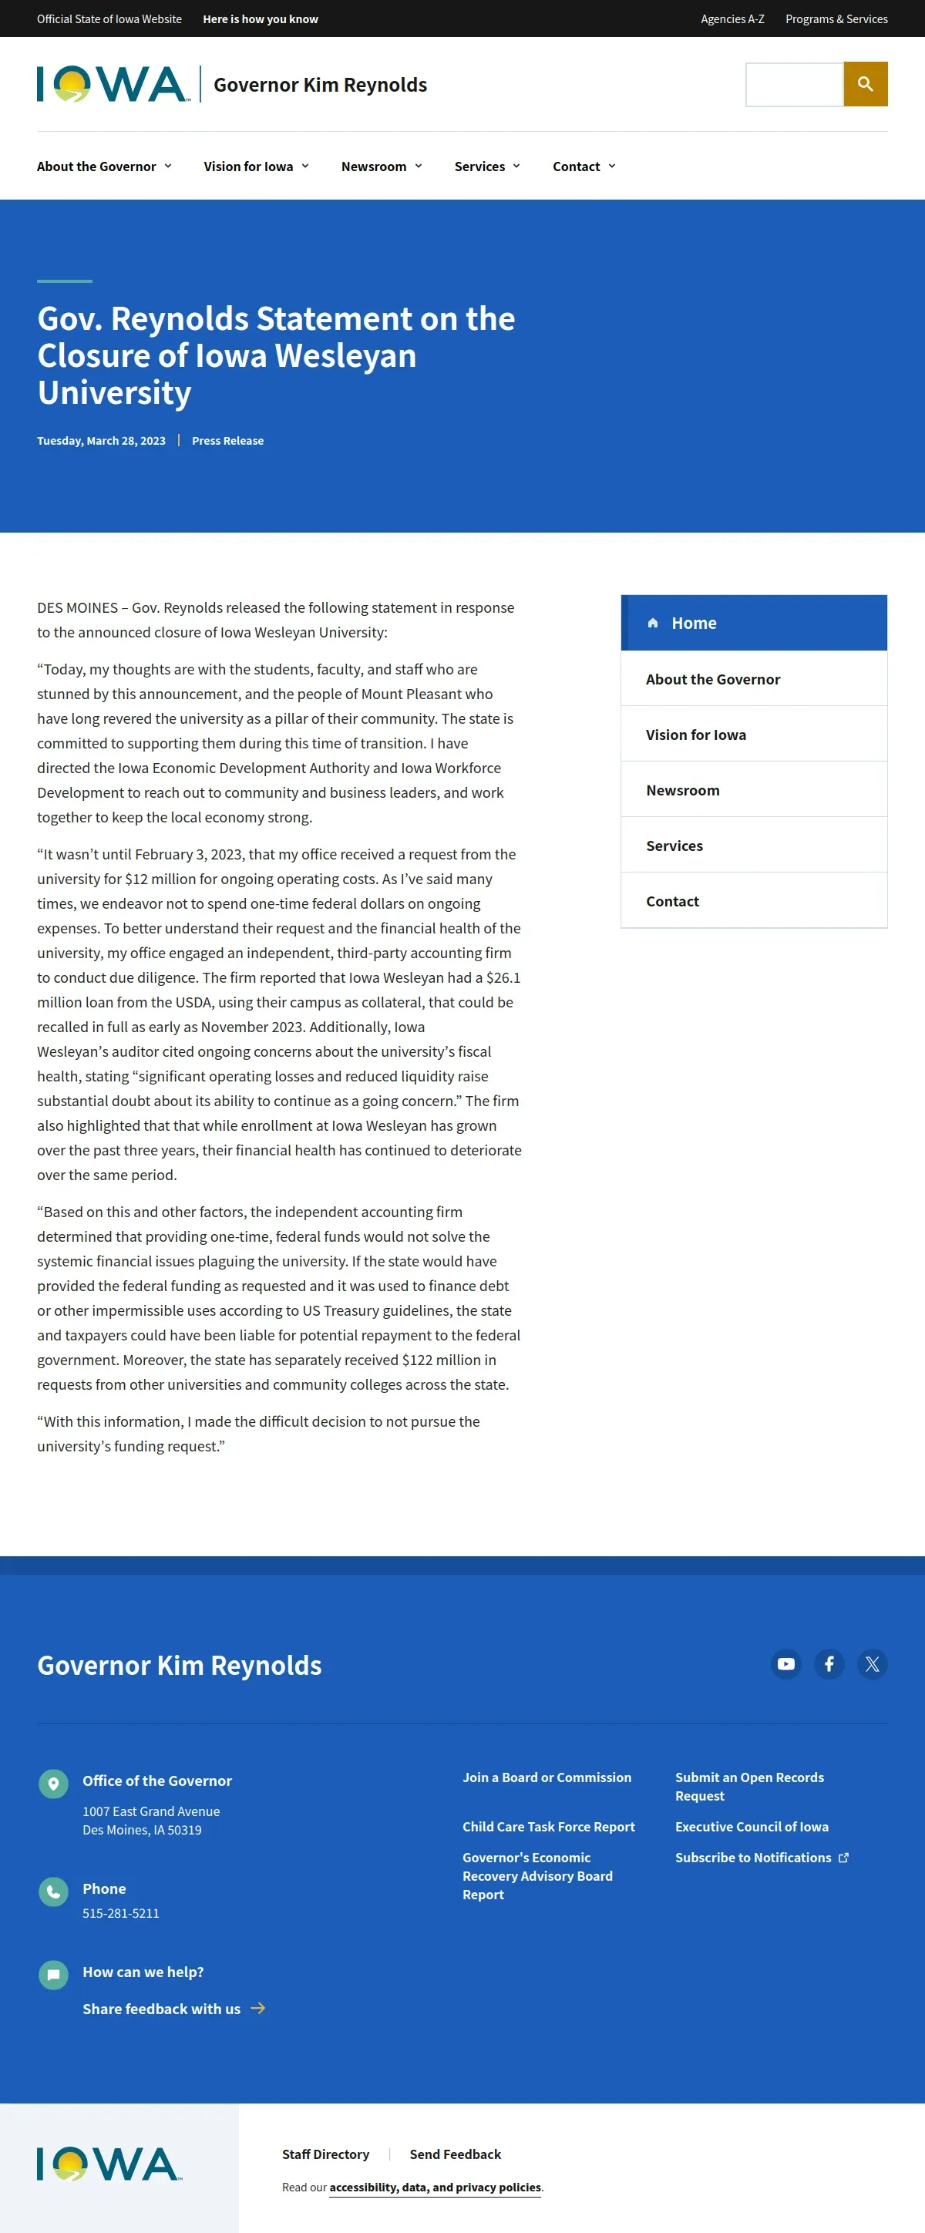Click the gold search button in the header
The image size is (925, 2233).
click(x=865, y=84)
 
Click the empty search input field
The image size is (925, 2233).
click(x=794, y=84)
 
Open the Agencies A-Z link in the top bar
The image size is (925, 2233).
click(x=732, y=19)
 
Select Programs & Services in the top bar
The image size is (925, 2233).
click(x=836, y=19)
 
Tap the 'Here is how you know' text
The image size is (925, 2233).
click(x=260, y=19)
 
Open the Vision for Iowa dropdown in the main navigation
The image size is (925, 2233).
click(x=256, y=166)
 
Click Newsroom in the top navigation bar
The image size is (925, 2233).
click(x=382, y=166)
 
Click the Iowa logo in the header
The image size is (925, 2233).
click(x=113, y=84)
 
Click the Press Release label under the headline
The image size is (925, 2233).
click(x=227, y=440)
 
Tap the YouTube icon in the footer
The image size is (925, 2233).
click(x=785, y=1663)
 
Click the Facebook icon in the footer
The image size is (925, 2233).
click(x=829, y=1663)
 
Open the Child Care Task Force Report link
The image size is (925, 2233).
click(x=548, y=1827)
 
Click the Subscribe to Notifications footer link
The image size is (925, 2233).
click(x=753, y=1858)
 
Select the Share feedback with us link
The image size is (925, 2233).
click(x=162, y=2009)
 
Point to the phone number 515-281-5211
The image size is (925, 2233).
click(x=120, y=1913)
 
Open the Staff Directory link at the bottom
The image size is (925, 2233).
click(x=325, y=2154)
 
